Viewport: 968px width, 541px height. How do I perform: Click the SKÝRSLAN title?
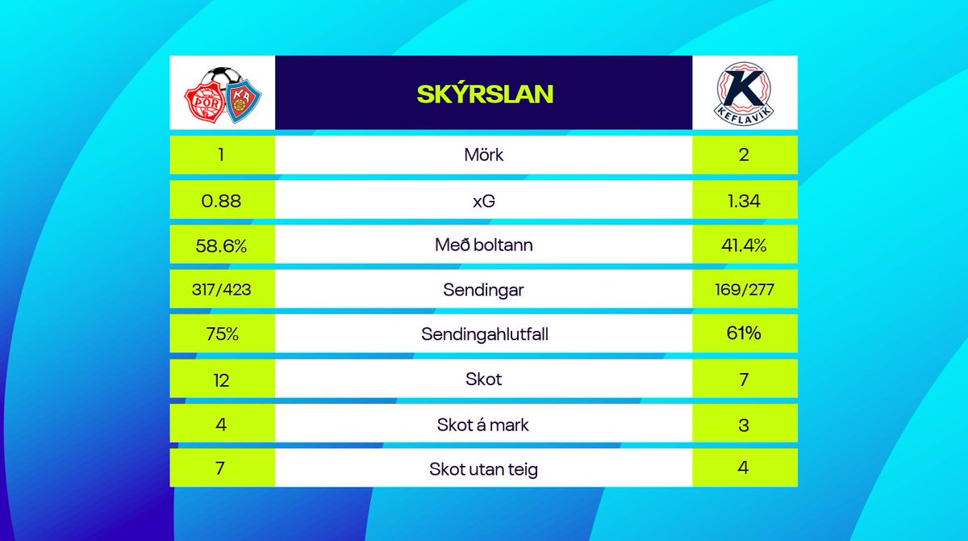(484, 94)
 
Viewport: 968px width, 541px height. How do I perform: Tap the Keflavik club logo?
(745, 93)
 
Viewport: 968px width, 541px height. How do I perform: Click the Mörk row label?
(484, 155)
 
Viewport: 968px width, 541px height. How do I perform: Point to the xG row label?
(484, 200)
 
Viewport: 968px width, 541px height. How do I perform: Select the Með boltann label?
(484, 245)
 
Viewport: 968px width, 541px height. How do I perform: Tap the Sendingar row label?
(484, 289)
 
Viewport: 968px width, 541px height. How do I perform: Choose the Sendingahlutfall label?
(484, 333)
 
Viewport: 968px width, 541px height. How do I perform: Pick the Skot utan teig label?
(484, 468)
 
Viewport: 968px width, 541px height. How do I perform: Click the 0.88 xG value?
(221, 200)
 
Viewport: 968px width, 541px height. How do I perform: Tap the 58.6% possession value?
(221, 245)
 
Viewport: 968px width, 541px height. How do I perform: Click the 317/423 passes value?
(221, 289)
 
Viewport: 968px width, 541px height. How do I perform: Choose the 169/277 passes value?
(744, 288)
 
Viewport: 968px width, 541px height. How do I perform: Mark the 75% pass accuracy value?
(221, 333)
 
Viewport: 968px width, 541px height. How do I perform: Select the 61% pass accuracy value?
(744, 333)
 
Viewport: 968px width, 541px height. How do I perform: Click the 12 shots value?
(221, 379)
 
